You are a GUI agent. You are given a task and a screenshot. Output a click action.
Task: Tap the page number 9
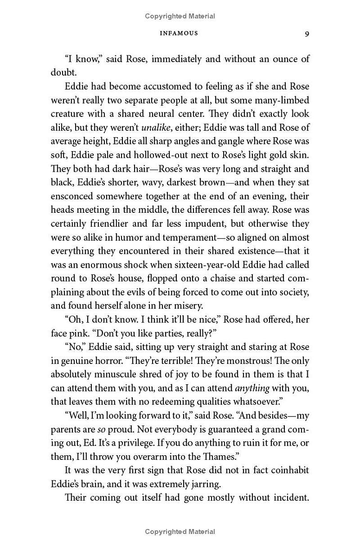[306, 34]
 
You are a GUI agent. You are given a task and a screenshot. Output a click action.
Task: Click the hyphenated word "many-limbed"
[283, 100]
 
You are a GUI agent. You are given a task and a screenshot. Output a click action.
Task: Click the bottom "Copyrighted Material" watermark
[180, 532]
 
